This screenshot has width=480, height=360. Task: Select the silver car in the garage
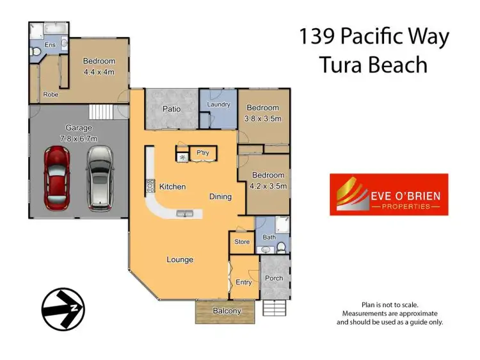click(99, 177)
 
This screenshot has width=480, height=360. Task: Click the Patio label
click(171, 109)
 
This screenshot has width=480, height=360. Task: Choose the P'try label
click(203, 153)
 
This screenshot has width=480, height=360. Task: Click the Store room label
click(242, 241)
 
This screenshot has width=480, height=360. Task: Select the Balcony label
click(227, 311)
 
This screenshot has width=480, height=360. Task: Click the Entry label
click(243, 282)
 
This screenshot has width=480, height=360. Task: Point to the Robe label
click(51, 94)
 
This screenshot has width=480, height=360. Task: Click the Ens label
click(49, 44)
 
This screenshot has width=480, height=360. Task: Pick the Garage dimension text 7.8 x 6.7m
click(76, 137)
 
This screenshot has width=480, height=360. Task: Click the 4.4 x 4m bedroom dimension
click(99, 72)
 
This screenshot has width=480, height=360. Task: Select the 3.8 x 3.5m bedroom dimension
click(264, 119)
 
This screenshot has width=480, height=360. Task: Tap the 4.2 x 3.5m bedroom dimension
click(269, 186)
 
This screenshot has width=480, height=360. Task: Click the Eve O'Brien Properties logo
click(388, 194)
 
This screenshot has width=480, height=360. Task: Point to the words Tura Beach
click(374, 65)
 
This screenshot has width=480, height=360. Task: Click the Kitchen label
click(173, 187)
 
